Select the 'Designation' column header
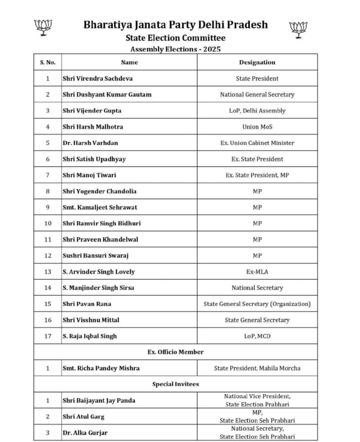tap(257, 63)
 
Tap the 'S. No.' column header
tap(48, 63)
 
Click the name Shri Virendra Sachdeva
tap(97, 78)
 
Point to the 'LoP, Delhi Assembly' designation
tap(257, 111)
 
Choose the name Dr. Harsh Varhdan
tap(90, 143)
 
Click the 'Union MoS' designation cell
tap(257, 127)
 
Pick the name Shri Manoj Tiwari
tap(89, 175)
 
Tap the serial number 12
tap(48, 256)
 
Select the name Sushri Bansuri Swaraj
tap(95, 256)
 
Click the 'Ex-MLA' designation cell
tap(257, 272)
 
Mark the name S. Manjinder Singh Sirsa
tap(98, 288)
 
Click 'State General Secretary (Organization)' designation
tap(257, 304)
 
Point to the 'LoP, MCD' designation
tap(257, 336)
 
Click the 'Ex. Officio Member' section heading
tap(176, 352)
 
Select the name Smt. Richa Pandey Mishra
tap(101, 368)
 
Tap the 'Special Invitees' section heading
tap(176, 384)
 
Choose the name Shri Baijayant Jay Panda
tap(99, 401)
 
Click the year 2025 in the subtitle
tap(212, 49)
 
